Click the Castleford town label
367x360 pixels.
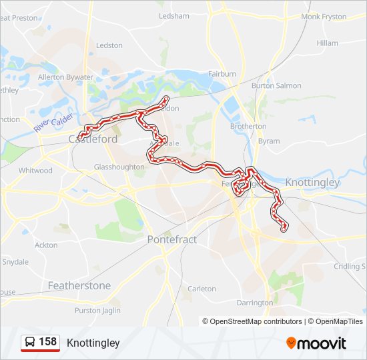(x=93, y=139)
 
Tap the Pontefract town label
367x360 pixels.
(x=171, y=239)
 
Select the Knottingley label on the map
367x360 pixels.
(x=312, y=182)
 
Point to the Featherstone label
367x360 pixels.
(x=79, y=285)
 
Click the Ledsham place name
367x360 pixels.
(x=174, y=16)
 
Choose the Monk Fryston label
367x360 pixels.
(x=324, y=17)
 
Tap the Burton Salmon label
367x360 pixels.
(x=276, y=86)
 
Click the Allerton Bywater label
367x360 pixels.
(x=65, y=77)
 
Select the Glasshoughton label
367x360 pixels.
(x=119, y=167)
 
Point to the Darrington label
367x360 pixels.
(x=255, y=303)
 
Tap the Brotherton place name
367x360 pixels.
(x=248, y=126)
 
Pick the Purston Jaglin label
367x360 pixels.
(x=97, y=311)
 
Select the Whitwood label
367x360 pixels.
(x=35, y=171)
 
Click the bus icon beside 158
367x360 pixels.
(x=31, y=343)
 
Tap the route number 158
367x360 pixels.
(x=47, y=342)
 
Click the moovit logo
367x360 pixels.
(x=316, y=343)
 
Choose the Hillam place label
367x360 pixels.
(x=328, y=43)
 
